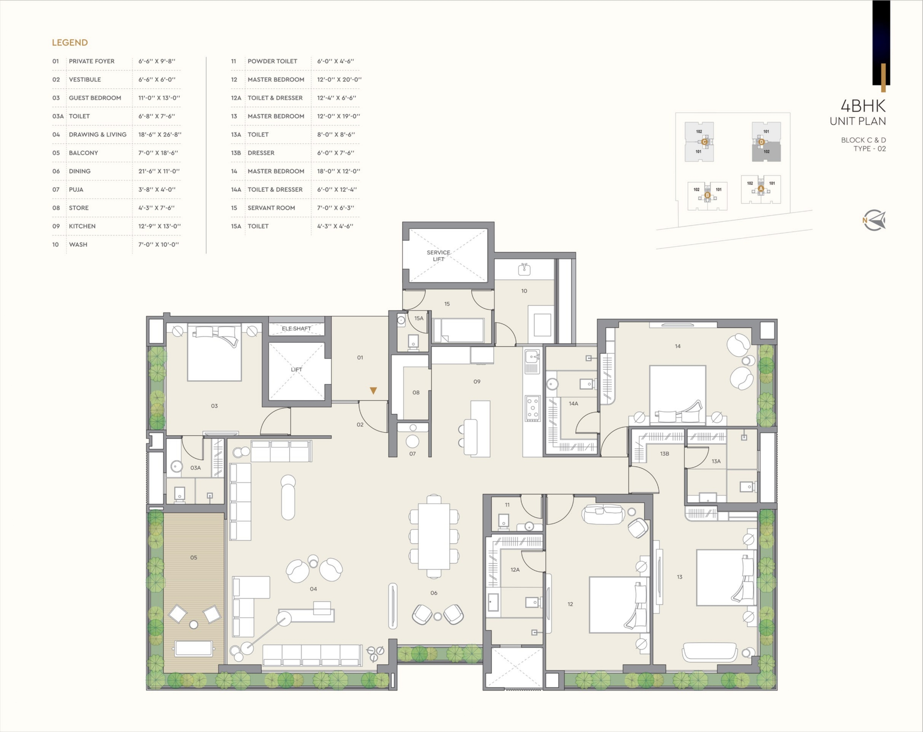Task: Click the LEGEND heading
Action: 70,43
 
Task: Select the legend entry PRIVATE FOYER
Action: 92,61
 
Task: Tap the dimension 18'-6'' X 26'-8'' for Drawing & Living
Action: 160,134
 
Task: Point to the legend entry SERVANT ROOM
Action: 271,208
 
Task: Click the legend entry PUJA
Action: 76,189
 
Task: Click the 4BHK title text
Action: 863,106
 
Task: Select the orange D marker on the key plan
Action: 761,142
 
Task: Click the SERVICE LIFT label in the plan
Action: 438,256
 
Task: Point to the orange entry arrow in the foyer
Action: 373,390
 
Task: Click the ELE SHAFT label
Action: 296,329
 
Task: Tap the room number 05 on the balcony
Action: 194,557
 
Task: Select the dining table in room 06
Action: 434,536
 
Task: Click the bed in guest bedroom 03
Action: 214,353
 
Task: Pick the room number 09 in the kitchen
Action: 477,381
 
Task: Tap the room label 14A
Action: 573,403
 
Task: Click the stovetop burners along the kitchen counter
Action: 533,409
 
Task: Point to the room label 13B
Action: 664,454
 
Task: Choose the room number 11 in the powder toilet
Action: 507,505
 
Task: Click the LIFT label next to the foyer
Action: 296,370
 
